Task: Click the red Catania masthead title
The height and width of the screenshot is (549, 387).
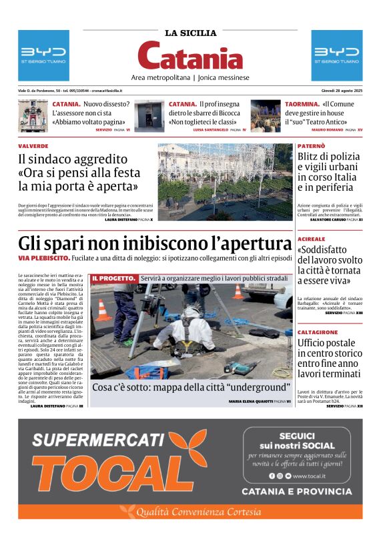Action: (x=191, y=56)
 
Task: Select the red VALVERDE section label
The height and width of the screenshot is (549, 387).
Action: (x=33, y=145)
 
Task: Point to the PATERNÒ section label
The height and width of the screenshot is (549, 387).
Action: (x=312, y=145)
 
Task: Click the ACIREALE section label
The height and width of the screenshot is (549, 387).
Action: (x=312, y=239)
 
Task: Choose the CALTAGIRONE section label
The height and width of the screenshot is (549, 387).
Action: (x=316, y=332)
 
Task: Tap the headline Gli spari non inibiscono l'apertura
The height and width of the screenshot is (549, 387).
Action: (x=155, y=243)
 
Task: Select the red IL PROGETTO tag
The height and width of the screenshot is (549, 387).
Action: (x=114, y=278)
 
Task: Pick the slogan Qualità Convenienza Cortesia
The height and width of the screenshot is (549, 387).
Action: (x=199, y=512)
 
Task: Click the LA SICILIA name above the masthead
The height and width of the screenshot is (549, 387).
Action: (x=191, y=33)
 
